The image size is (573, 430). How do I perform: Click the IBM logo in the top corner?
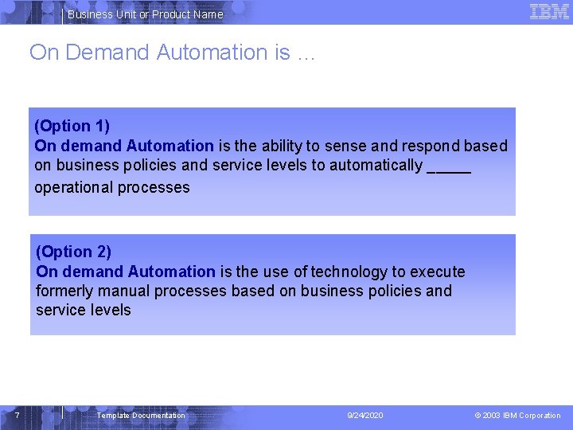coord(549,11)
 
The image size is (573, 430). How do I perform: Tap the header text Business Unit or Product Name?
coord(145,14)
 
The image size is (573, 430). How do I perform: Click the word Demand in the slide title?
coord(108,53)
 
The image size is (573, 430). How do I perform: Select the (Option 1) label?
coord(72,126)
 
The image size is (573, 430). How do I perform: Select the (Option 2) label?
coord(74,252)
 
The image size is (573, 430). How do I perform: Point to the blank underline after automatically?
coord(449,167)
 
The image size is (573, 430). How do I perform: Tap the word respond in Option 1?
coord(430,146)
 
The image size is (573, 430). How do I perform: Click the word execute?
coord(435,272)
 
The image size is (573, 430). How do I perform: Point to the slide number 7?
coord(18,415)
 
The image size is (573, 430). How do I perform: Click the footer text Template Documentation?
coord(141,416)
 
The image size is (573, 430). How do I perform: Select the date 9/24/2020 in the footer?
coord(365,416)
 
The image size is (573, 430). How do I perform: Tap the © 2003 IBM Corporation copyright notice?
coord(517,416)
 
